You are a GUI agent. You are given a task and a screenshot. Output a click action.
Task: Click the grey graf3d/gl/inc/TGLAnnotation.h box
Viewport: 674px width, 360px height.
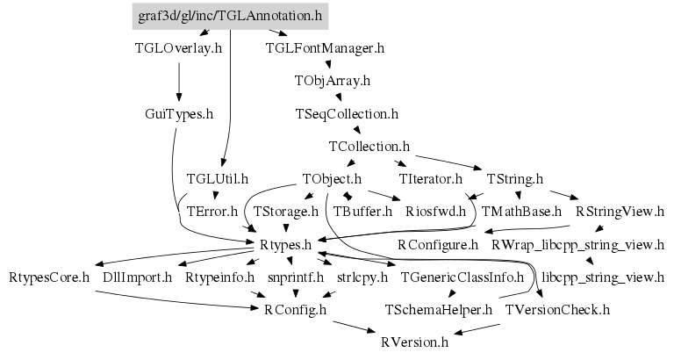230,15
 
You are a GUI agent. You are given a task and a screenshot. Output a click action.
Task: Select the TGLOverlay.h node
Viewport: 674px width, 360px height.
179,48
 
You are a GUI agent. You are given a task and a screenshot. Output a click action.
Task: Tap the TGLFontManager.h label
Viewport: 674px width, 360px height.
325,48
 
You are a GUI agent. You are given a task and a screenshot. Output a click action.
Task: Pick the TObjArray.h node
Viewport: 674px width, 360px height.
332,81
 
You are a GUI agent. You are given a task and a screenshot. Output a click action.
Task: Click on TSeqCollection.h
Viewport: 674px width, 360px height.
348,113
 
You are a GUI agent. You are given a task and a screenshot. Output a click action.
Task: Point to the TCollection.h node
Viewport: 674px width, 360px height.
369,146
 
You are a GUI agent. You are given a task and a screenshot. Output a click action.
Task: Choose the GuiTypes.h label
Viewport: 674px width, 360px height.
179,113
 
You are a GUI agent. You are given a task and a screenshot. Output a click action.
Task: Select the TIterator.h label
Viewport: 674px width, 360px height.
430,178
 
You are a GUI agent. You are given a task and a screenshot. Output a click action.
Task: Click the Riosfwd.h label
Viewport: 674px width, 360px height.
435,211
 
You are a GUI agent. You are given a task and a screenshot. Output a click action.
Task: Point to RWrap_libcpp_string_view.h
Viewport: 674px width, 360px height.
577,244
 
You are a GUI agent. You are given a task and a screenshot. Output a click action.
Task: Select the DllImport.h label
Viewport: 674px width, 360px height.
138,277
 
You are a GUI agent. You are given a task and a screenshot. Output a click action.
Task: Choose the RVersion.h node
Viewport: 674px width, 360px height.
414,342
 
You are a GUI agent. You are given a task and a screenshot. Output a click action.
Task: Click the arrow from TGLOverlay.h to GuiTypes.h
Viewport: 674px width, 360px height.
179,81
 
